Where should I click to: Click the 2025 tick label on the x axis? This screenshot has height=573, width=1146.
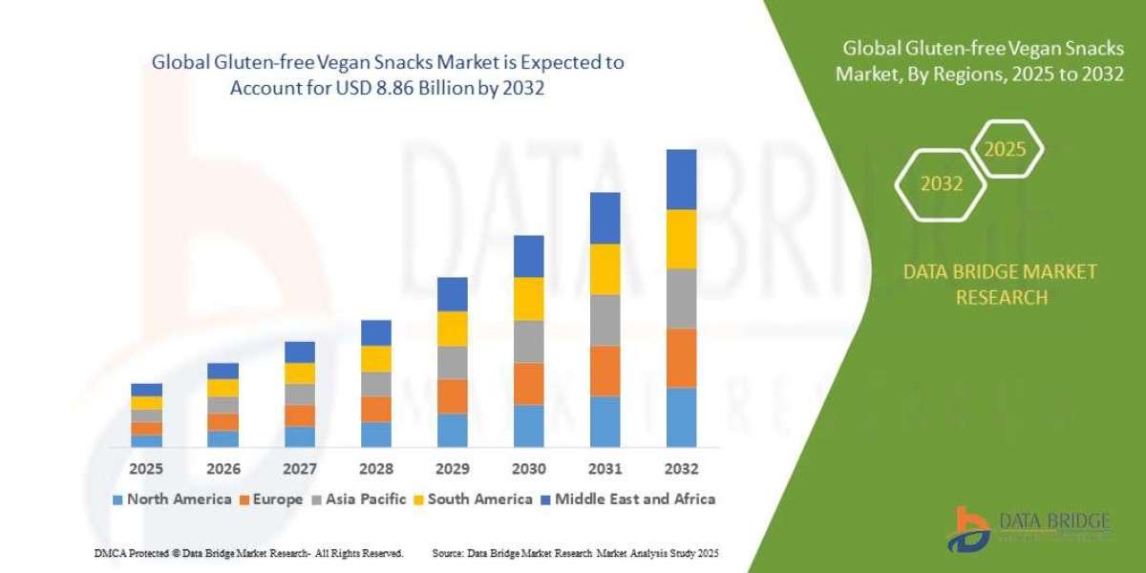tap(146, 469)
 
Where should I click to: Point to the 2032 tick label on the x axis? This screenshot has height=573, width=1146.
tap(681, 469)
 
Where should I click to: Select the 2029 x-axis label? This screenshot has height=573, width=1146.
tap(452, 469)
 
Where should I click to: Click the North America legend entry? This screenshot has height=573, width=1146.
tap(172, 499)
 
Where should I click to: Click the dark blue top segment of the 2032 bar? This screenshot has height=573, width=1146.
tap(681, 180)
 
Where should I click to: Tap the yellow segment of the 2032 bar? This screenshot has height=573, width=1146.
tap(681, 239)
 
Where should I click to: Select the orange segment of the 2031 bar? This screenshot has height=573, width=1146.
tap(605, 371)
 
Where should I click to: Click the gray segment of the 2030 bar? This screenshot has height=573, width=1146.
tap(528, 341)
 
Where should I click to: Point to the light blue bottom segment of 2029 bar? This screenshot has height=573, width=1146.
tap(452, 430)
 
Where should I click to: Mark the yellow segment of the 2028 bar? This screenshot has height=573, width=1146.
tap(375, 358)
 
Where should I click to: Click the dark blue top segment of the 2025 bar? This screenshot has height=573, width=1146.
tap(146, 389)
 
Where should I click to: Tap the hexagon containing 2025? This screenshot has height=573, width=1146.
tap(1005, 149)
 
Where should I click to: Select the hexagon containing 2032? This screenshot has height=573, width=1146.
tap(942, 183)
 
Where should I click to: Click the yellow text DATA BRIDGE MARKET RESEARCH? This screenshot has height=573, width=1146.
tap(1000, 285)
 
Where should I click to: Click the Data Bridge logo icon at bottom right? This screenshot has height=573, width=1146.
tap(967, 529)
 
